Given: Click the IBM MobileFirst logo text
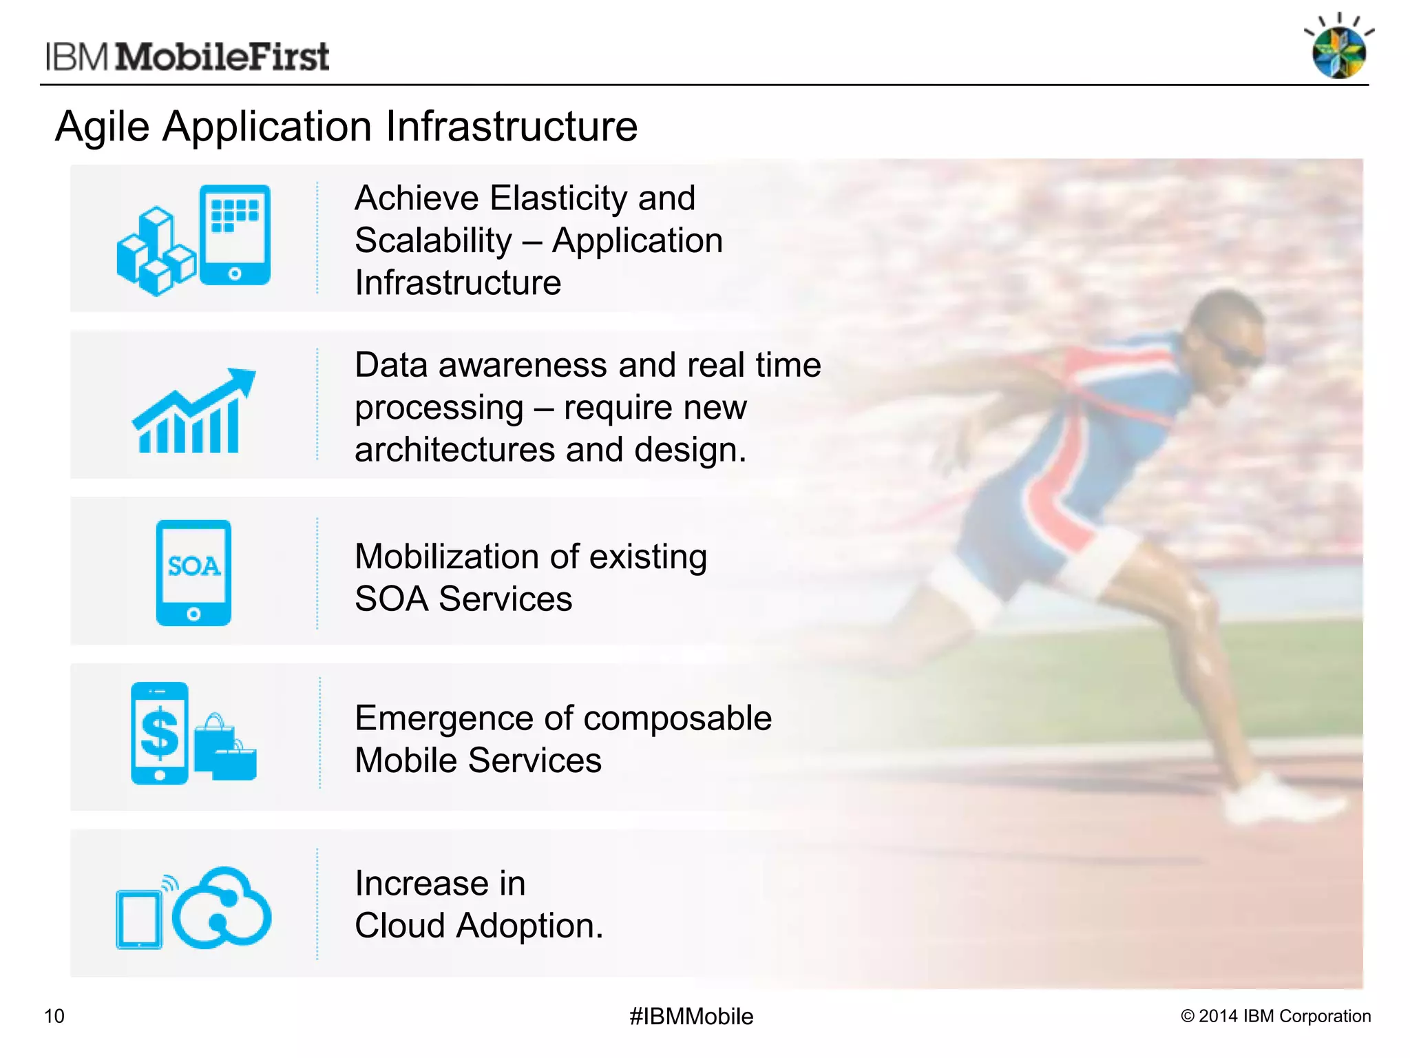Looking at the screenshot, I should (x=187, y=56).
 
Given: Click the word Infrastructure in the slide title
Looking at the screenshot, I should (x=511, y=127).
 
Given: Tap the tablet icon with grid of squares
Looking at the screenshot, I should (x=235, y=234).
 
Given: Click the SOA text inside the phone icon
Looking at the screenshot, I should (x=193, y=566).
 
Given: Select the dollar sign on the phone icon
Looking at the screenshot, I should (x=160, y=732).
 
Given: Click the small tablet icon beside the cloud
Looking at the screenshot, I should (x=139, y=919).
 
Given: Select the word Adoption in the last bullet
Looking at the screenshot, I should (x=529, y=926).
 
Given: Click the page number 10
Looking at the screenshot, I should (x=54, y=1016).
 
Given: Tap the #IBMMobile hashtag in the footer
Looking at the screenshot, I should (x=691, y=1016).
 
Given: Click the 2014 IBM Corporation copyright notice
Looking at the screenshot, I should (x=1276, y=1016).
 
